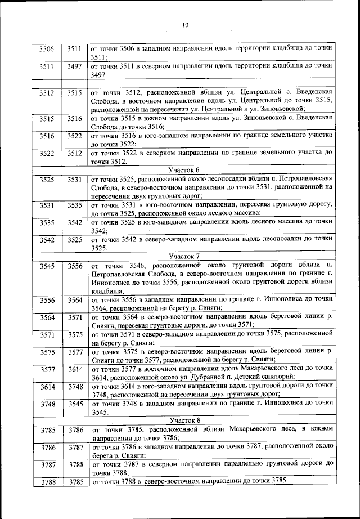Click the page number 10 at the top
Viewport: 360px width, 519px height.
(185, 24)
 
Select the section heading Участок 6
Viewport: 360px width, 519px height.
(185, 169)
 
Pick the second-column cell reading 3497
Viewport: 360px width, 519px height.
(75, 66)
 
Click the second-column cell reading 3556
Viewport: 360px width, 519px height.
(75, 266)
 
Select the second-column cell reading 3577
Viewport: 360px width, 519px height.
(75, 352)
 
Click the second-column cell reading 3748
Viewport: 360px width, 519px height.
(75, 387)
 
